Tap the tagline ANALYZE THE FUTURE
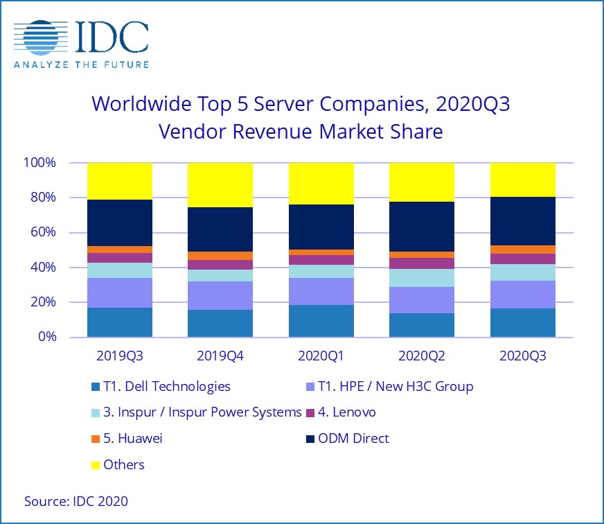click(x=81, y=65)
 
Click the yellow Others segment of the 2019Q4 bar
click(x=220, y=185)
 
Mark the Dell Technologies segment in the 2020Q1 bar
click(x=321, y=321)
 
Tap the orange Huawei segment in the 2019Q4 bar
click(x=220, y=256)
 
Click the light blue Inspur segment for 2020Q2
click(x=422, y=278)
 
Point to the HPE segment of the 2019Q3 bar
click(x=120, y=292)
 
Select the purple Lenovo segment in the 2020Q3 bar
click(x=522, y=259)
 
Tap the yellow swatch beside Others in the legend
click(x=96, y=464)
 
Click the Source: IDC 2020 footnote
click(x=76, y=500)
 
